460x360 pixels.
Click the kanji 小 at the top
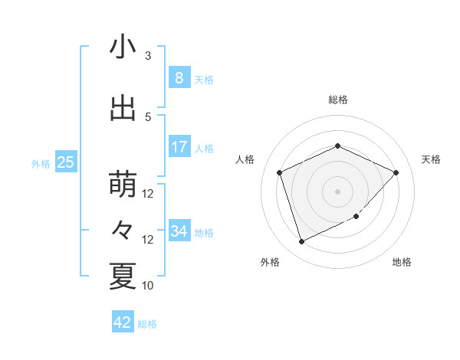pyautogui.click(x=123, y=47)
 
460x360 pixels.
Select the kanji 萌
pyautogui.click(x=123, y=184)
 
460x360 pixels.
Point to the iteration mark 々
pyautogui.click(x=123, y=231)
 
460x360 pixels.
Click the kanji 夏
pyautogui.click(x=123, y=276)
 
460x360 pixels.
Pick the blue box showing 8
pyautogui.click(x=179, y=77)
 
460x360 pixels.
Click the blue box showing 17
pyautogui.click(x=179, y=147)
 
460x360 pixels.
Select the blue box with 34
pyautogui.click(x=179, y=231)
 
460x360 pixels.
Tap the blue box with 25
pyautogui.click(x=66, y=162)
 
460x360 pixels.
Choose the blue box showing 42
pyautogui.click(x=123, y=322)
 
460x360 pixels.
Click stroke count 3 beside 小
pyautogui.click(x=148, y=56)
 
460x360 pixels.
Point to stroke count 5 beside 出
pyautogui.click(x=148, y=117)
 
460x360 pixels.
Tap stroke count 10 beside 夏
pyautogui.click(x=148, y=286)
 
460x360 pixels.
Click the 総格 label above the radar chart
pyautogui.click(x=337, y=100)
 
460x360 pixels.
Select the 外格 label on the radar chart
pyautogui.click(x=270, y=262)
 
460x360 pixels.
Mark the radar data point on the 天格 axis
pyautogui.click(x=396, y=172)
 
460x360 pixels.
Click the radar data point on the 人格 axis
pyautogui.click(x=280, y=172)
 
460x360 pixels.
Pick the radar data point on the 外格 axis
pyautogui.click(x=301, y=241)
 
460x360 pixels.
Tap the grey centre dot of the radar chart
pyautogui.click(x=337, y=191)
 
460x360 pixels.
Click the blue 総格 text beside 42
pyautogui.click(x=147, y=324)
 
